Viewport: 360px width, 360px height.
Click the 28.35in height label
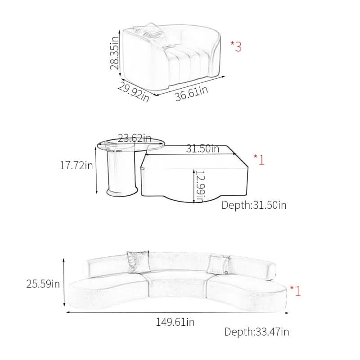[114, 53]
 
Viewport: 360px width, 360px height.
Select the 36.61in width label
[192, 93]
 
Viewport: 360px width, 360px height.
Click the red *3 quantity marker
[236, 46]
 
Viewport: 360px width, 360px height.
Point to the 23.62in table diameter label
[134, 138]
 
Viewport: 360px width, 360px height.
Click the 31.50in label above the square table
[202, 148]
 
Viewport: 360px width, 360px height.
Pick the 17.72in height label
[76, 165]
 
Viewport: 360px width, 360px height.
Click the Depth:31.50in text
[254, 205]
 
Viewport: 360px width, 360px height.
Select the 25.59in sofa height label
[43, 284]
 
